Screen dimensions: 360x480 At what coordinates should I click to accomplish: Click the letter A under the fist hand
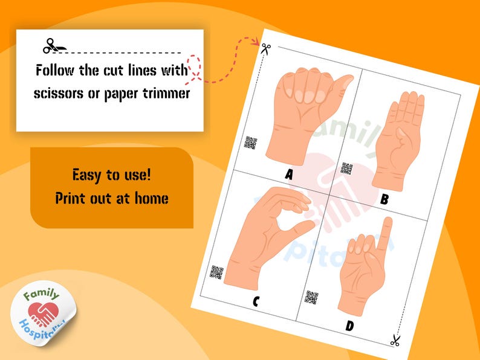tap(288, 175)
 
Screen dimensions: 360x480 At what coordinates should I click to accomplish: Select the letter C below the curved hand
tap(256, 300)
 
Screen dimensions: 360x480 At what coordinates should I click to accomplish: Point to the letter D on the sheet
tap(349, 326)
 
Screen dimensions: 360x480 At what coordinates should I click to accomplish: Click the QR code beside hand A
tap(250, 143)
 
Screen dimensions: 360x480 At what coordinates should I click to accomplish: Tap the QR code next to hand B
tap(346, 169)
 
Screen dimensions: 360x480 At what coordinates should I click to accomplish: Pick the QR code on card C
tap(216, 272)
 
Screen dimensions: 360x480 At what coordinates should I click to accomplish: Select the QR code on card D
tap(311, 297)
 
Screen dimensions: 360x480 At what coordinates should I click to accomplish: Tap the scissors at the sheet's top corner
tap(264, 48)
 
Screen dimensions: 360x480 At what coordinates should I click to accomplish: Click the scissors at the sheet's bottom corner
tap(395, 341)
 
